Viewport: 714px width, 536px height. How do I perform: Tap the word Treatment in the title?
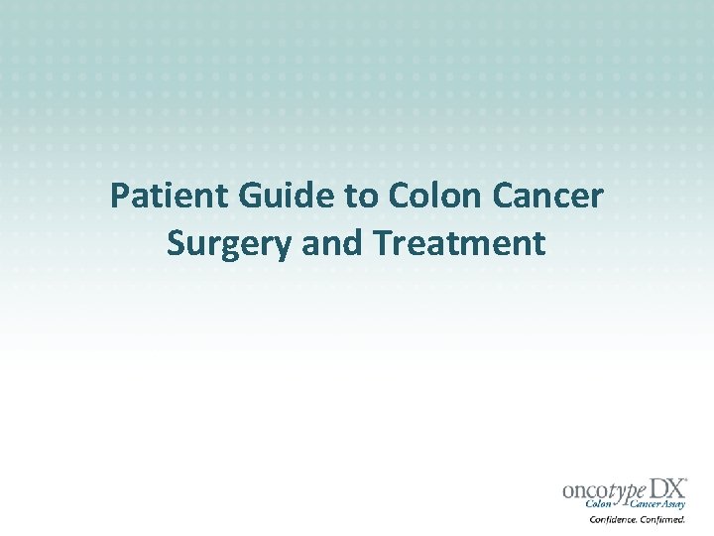point(461,242)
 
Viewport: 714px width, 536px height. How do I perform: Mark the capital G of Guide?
point(247,196)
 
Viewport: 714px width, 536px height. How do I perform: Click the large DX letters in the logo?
point(666,488)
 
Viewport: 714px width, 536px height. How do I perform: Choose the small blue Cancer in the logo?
point(646,504)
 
